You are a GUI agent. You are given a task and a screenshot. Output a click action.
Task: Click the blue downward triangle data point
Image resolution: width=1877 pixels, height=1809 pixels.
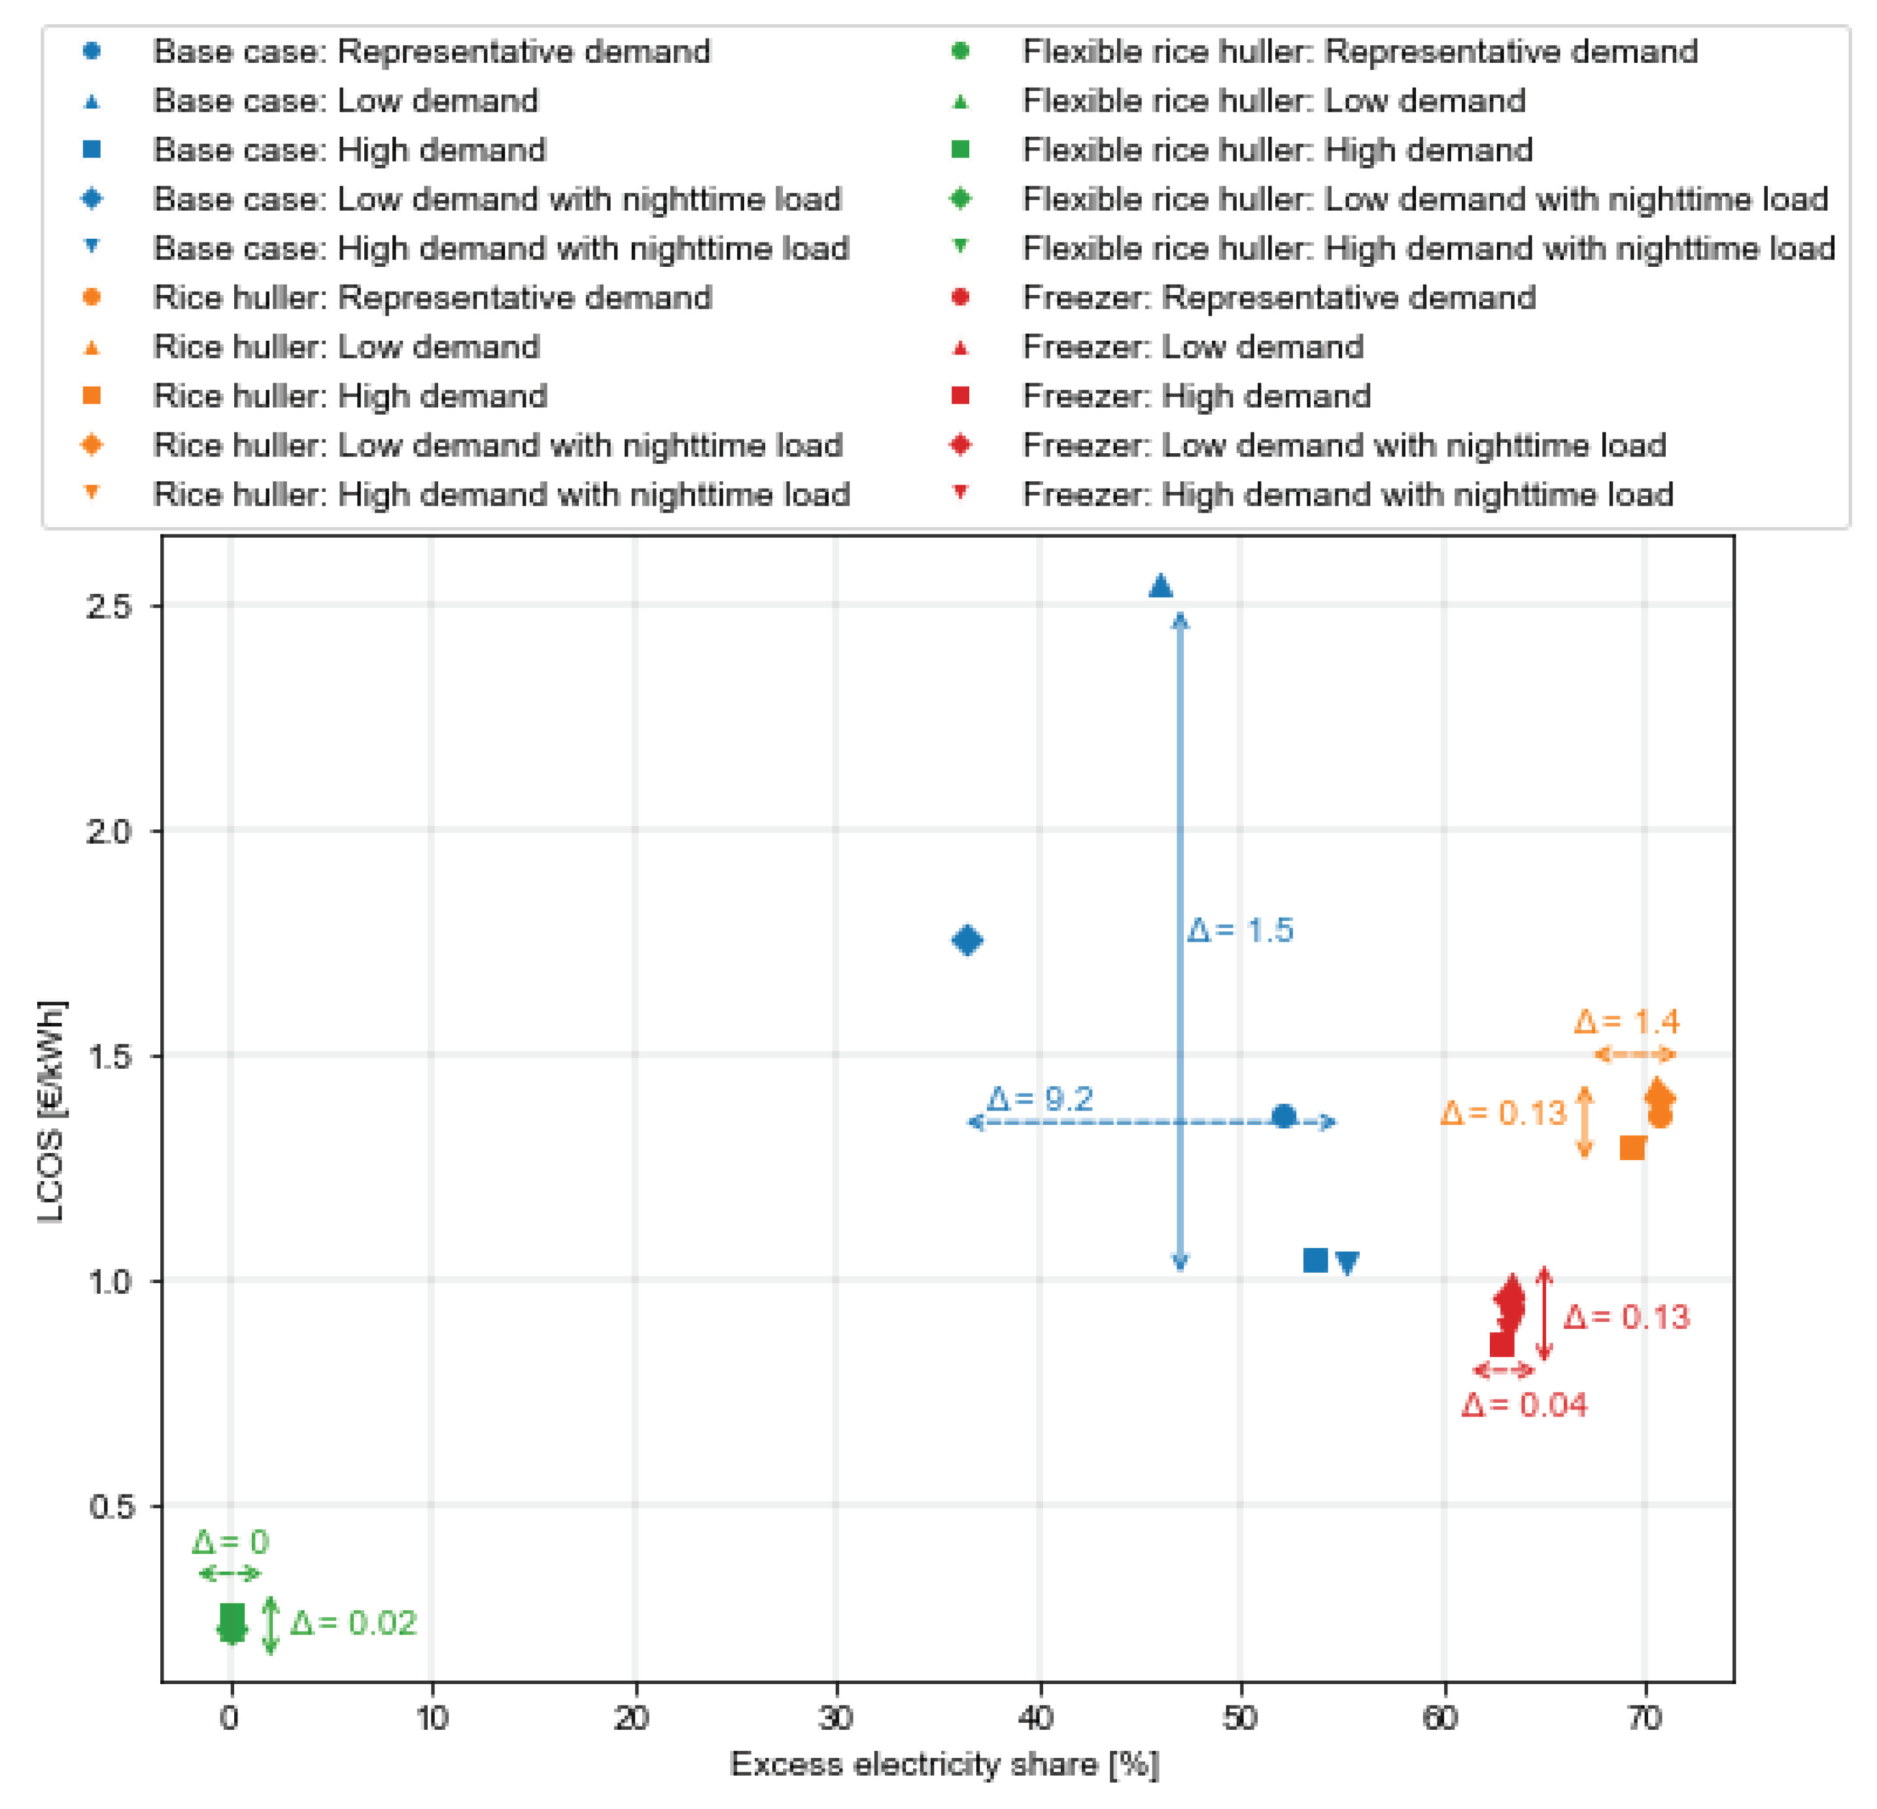[x=1347, y=1263]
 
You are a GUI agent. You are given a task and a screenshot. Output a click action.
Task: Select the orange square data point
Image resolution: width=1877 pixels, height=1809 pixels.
[x=1632, y=1147]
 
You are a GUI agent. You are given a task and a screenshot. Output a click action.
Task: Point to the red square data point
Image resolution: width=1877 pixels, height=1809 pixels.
[x=1502, y=1343]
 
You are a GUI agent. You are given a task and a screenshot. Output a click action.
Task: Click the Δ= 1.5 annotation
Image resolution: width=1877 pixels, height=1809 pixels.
[x=1240, y=930]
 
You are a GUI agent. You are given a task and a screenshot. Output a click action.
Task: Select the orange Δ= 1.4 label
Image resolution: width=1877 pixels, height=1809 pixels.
[x=1626, y=1021]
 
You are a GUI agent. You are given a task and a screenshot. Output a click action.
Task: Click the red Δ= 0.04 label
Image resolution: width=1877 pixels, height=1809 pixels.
[x=1524, y=1405]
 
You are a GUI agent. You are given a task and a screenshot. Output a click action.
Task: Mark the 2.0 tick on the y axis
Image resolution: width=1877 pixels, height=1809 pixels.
[x=107, y=831]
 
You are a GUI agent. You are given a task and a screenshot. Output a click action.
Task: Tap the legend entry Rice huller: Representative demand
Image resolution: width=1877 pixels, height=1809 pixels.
[x=432, y=297]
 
